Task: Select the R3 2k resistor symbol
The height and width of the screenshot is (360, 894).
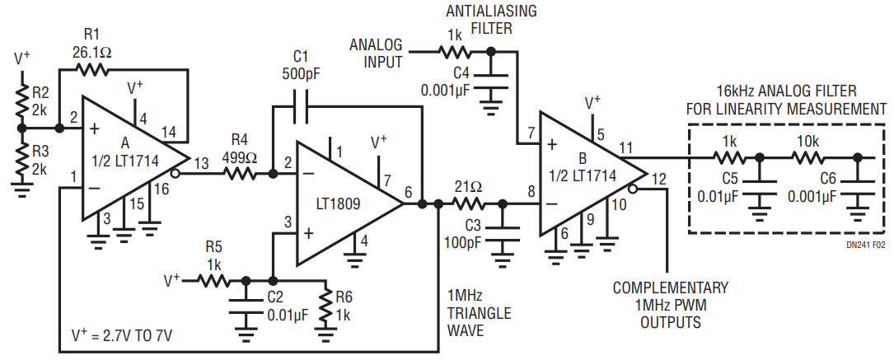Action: [x=23, y=161]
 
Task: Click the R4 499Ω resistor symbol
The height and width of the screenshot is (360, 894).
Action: [x=241, y=174]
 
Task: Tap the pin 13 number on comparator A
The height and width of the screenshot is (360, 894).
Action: [x=201, y=164]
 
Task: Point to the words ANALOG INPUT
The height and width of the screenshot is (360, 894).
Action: [x=377, y=52]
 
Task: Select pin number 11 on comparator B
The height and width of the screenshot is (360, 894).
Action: [x=627, y=148]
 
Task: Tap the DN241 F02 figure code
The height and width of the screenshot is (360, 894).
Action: [x=866, y=244]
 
